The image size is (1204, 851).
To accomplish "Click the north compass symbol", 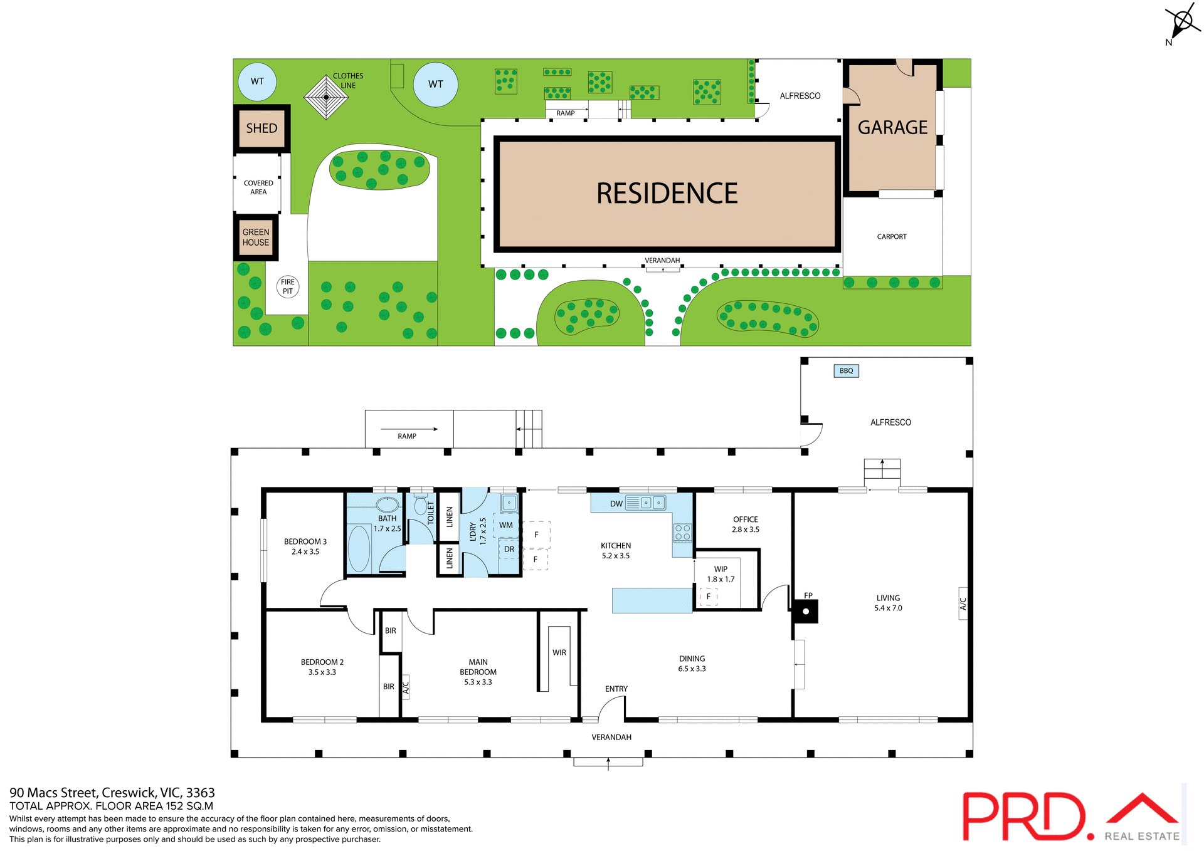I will point(1183,22).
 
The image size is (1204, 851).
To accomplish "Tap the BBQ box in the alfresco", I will point(846,370).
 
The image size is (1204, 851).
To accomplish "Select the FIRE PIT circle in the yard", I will point(288,286).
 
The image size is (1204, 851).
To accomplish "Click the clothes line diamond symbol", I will point(326,97).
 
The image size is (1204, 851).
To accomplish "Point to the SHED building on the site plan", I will point(261,128).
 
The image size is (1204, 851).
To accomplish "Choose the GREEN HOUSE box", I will point(256,238).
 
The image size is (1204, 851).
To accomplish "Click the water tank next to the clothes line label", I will point(435,84).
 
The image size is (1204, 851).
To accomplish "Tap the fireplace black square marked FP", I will point(805,611).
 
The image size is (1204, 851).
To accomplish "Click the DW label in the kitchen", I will point(616,504).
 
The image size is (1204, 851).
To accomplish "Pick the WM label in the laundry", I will point(506,525).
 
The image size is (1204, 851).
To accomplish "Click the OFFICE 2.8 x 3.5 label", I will point(745,525).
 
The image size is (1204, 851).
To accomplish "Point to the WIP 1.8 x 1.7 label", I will point(721,574).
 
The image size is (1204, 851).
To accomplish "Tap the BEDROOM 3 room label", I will point(305,546).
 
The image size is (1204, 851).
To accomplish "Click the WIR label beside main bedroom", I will point(559,652).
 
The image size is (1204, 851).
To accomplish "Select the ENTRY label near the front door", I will point(616,689).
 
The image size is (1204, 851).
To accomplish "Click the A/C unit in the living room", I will point(963,603).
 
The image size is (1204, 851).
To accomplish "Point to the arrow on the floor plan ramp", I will point(409,429).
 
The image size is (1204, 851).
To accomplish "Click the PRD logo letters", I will point(1023,817).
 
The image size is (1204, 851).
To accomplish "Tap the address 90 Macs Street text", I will point(112,793).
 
